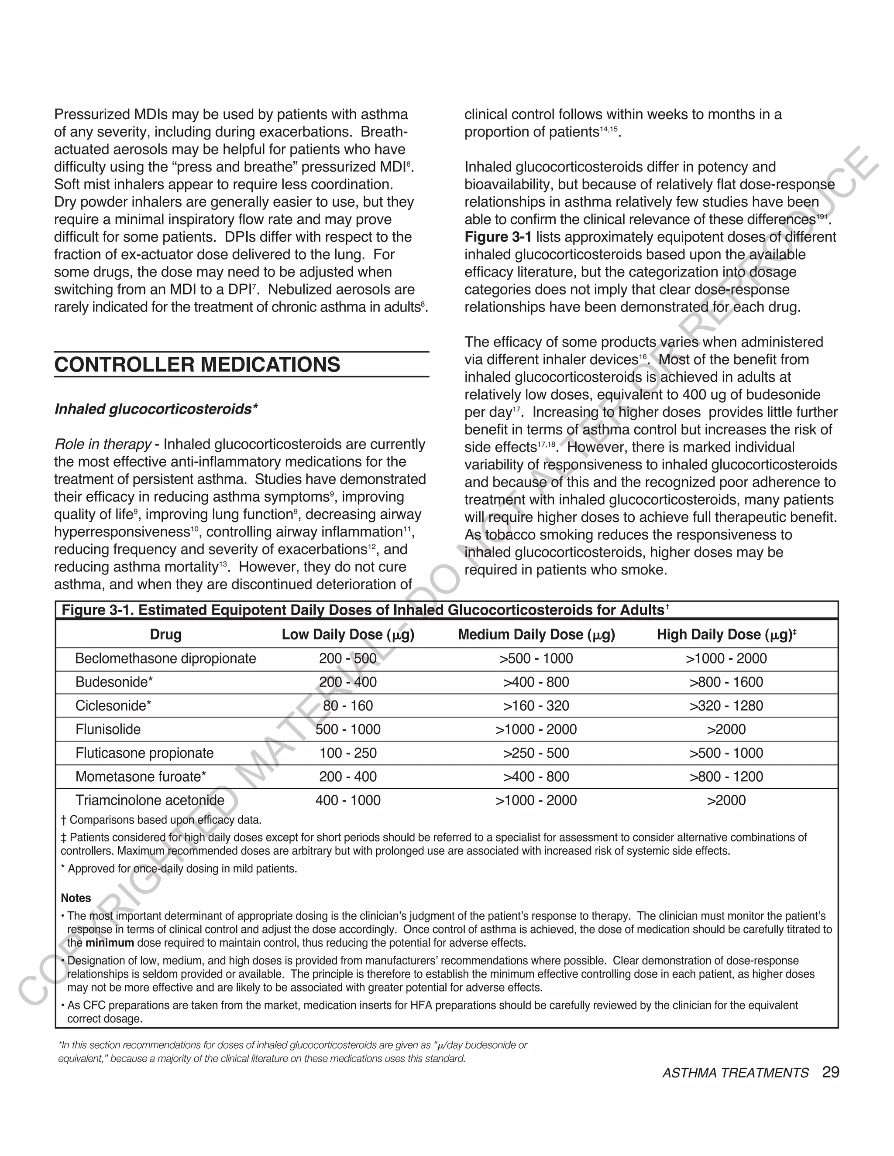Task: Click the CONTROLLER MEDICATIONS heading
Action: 197,365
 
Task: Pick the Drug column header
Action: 165,635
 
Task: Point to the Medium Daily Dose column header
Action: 536,635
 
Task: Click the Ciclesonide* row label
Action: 113,705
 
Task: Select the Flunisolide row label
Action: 108,729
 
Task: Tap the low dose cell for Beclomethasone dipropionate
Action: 347,658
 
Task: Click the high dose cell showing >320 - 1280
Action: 726,705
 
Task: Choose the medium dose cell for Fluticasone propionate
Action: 536,753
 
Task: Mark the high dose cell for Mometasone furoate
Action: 726,776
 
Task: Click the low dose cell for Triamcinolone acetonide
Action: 347,800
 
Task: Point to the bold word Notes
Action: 76,898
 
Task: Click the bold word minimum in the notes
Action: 110,943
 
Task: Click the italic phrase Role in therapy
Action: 103,444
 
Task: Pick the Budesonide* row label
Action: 114,682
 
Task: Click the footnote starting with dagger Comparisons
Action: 162,821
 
